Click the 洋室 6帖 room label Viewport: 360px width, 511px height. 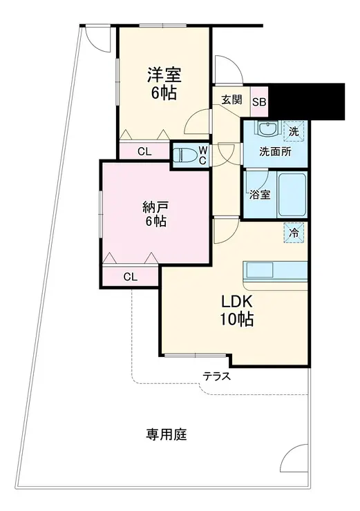pos(164,84)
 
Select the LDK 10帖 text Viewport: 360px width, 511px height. pos(237,311)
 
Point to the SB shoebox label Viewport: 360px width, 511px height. pos(260,102)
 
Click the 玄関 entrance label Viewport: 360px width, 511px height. pos(232,99)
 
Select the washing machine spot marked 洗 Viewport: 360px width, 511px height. pos(294,132)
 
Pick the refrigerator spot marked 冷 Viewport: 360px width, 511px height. pos(294,233)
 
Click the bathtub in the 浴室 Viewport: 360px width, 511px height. pos(292,195)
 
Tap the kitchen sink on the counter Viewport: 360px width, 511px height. pos(260,269)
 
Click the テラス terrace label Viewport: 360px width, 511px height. pos(217,376)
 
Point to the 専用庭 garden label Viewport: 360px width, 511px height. pos(167,434)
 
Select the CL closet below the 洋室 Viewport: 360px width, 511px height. pos(144,151)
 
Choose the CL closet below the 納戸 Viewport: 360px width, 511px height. pos(131,277)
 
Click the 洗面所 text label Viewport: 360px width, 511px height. pos(276,152)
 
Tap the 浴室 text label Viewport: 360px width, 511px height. pos(260,195)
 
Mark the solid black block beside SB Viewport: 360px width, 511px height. pos(306,102)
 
